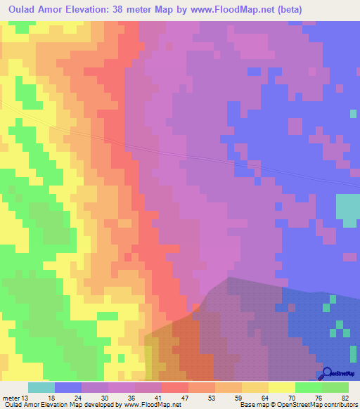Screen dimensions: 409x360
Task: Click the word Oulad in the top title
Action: pyautogui.click(x=18, y=9)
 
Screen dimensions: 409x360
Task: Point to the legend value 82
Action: pyautogui.click(x=343, y=398)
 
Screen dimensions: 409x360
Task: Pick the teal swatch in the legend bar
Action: pyautogui.click(x=41, y=387)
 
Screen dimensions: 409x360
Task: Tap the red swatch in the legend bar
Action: pyautogui.click(x=175, y=387)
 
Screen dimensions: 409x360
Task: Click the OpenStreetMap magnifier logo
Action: pyautogui.click(x=327, y=372)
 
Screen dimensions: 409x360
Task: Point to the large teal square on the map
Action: pyautogui.click(x=347, y=210)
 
